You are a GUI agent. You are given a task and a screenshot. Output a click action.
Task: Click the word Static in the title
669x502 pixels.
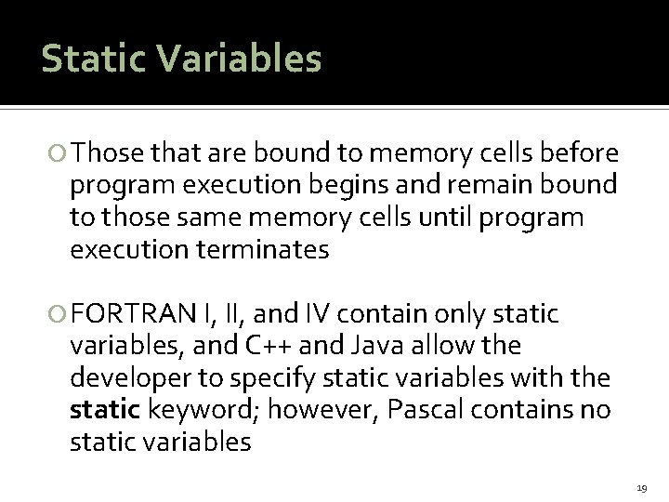[92, 58]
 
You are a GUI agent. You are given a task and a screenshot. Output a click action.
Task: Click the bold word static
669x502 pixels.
[99, 410]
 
